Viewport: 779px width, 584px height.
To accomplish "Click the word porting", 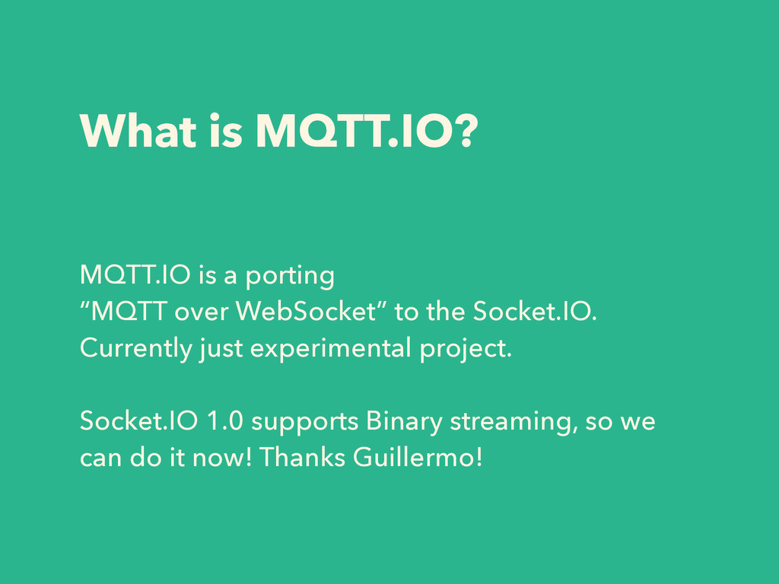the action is pos(290,276).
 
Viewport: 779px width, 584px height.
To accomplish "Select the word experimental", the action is pos(330,348).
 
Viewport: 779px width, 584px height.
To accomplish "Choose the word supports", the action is pos(304,423).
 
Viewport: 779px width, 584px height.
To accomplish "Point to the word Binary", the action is pos(404,421).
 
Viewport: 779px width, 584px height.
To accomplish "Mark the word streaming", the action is pos(514,423).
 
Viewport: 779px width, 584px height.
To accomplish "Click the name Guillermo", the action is pos(418,457).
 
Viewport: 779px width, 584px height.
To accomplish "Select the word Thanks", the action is pos(302,457).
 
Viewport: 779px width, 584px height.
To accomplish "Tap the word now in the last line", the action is pos(221,458).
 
